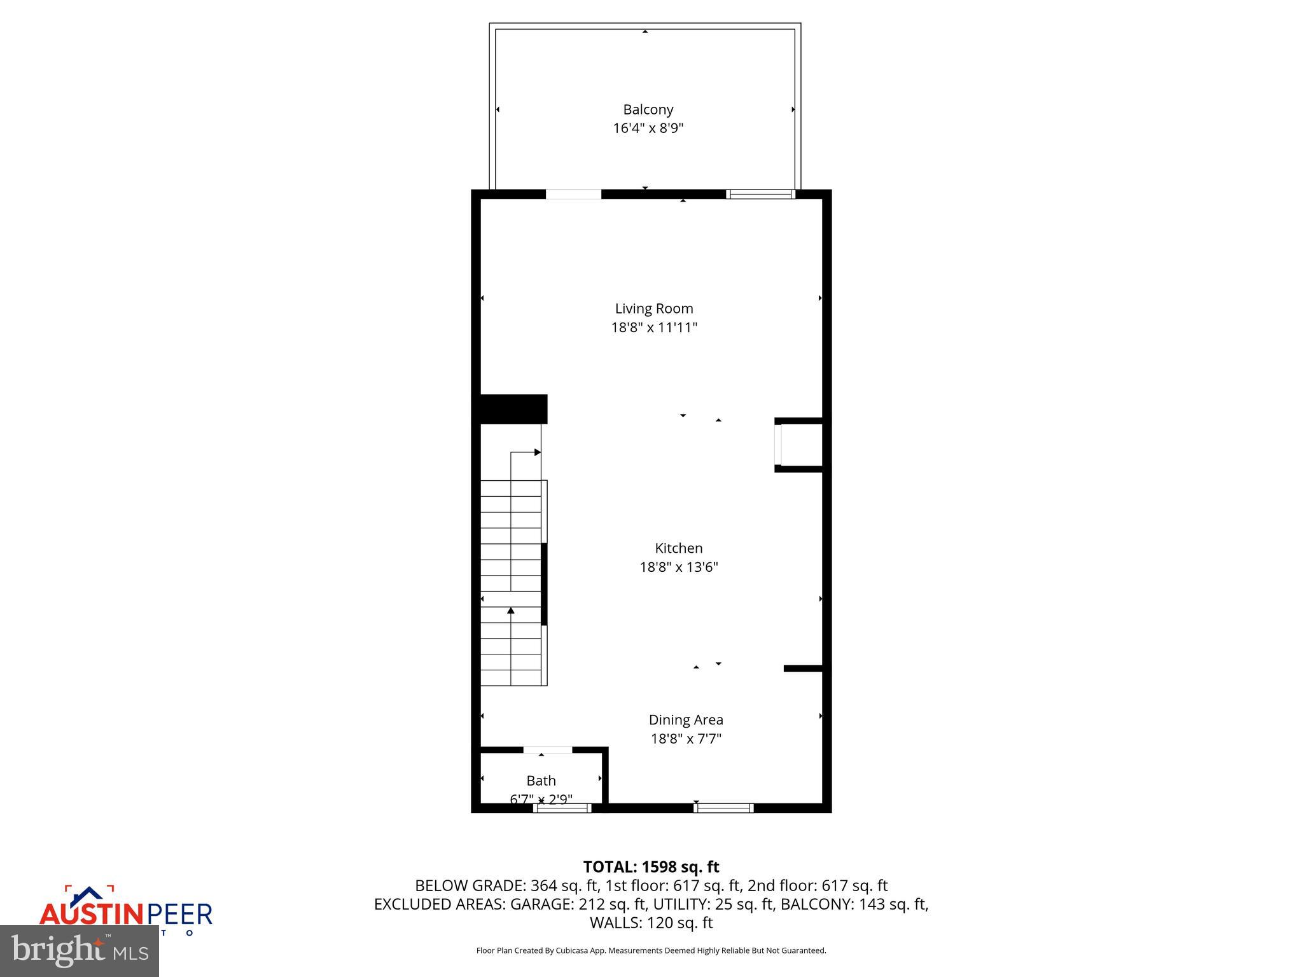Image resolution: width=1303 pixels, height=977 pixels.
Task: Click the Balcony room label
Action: pos(648,109)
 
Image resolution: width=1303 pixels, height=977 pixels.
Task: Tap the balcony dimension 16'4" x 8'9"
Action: pos(648,128)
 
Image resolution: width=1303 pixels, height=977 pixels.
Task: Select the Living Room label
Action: pos(654,308)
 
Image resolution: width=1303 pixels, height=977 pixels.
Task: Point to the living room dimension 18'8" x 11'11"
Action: pos(654,328)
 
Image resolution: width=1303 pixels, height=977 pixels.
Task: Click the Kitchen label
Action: pos(679,548)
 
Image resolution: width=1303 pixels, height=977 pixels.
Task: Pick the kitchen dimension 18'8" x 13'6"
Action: pos(679,567)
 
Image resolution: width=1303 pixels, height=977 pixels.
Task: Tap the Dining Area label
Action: pos(686,719)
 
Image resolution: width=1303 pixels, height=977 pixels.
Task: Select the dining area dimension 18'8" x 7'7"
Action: pos(686,738)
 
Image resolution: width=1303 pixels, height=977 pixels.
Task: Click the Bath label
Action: pos(541,780)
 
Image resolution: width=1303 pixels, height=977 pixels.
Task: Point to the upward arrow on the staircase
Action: pos(510,611)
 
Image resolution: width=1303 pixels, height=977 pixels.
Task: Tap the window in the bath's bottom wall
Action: pos(562,808)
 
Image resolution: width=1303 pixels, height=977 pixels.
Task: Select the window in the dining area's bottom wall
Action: pos(723,808)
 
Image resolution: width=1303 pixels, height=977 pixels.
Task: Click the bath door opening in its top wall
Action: pos(547,750)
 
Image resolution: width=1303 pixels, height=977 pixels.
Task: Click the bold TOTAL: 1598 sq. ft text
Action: pos(651,867)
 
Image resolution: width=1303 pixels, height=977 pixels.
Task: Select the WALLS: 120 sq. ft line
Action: pos(651,922)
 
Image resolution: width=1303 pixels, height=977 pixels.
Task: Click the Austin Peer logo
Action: pos(125,910)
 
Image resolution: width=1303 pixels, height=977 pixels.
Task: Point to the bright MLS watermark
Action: pos(80,950)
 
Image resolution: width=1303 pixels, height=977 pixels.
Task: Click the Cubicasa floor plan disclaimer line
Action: pos(651,950)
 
